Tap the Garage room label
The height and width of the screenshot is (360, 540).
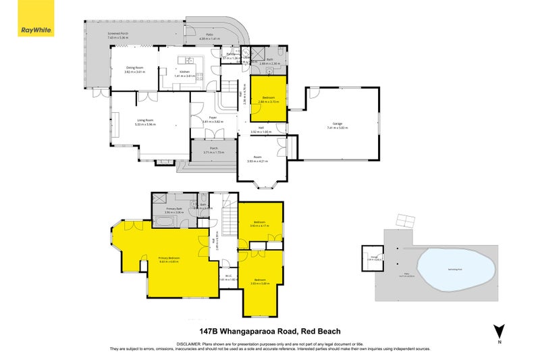point(337,124)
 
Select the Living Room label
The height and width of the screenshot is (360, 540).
point(146,121)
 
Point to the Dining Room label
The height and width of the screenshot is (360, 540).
point(136,68)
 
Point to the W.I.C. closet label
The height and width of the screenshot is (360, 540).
point(228,276)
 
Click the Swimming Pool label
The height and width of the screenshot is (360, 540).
point(449,267)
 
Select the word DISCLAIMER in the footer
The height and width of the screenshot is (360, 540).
point(192,343)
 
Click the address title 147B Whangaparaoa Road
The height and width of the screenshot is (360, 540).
point(270,331)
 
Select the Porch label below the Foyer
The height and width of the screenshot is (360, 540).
point(213,151)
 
